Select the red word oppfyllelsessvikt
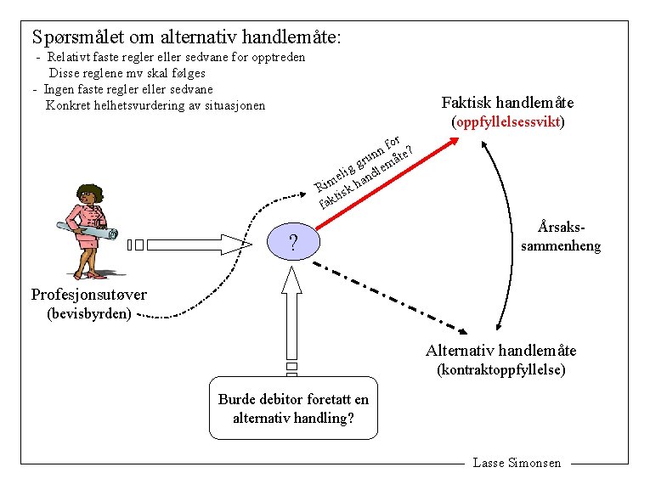point(509,122)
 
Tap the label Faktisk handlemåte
point(507,103)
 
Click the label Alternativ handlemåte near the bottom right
point(500,350)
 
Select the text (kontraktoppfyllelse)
point(500,370)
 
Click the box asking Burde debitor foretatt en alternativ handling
point(293,408)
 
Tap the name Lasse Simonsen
point(517,463)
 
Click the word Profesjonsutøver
point(88,295)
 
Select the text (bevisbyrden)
point(88,314)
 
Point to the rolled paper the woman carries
point(85,228)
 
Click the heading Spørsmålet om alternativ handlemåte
point(186,37)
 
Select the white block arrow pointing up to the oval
point(292,314)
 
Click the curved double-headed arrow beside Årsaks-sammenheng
point(508,238)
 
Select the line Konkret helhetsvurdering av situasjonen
point(155,106)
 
